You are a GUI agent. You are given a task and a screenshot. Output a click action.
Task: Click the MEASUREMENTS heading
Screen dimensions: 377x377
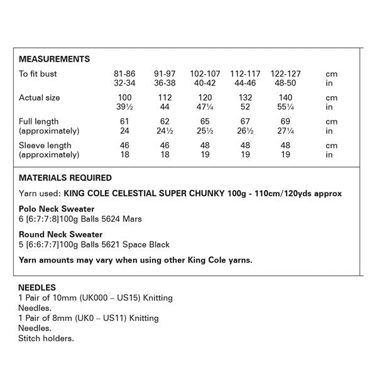click(54, 60)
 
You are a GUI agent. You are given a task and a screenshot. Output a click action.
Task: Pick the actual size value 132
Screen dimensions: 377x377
click(245, 97)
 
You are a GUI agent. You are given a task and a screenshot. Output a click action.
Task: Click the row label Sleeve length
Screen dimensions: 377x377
click(45, 145)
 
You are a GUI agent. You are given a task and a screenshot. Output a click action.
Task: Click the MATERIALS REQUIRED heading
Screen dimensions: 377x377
click(65, 178)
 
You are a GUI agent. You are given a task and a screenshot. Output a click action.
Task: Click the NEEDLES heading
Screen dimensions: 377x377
click(38, 288)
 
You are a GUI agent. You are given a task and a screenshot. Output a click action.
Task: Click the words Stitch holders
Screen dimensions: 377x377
click(46, 338)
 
